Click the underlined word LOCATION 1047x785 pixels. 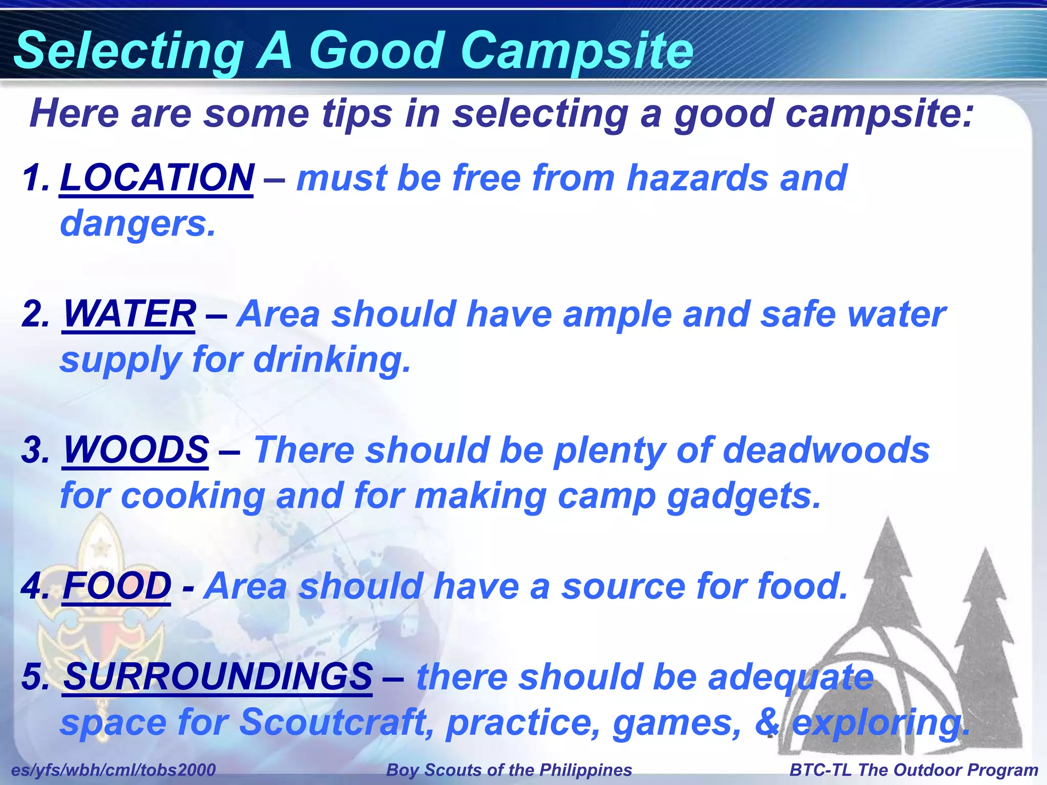coord(156,178)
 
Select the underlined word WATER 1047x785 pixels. coord(129,314)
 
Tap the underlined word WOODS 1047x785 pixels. coord(135,450)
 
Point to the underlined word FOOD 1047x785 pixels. coord(117,586)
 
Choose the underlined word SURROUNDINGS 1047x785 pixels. coord(218,676)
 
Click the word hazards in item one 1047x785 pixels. coord(697,178)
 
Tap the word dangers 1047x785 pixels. coord(137,224)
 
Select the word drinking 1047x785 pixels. coord(332,359)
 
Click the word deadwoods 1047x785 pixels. coord(826,450)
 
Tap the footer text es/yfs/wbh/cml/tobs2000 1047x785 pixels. coord(113,770)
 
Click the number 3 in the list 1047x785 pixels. coord(35,450)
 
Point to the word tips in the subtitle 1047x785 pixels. coord(356,113)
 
